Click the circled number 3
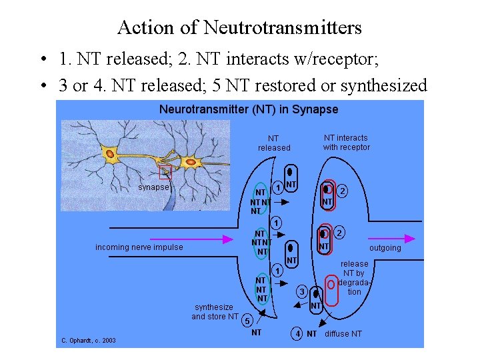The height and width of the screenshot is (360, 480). coord(302,291)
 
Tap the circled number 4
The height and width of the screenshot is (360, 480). coord(297,333)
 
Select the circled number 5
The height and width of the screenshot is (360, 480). coord(246,320)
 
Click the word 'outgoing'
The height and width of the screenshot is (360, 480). coord(385,248)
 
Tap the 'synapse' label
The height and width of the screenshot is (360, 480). coord(153,187)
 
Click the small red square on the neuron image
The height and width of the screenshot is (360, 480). coord(165,173)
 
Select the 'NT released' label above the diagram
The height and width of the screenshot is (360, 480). coord(274,143)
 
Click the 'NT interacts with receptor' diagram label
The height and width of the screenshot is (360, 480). coord(346,142)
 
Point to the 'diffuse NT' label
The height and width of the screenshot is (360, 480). coord(343,333)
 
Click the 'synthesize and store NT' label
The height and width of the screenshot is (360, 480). coord(214,312)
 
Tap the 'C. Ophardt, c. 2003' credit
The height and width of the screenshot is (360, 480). coord(89,341)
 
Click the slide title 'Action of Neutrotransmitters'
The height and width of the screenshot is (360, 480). coord(239,27)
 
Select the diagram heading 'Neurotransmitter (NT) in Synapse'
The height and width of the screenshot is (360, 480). coord(249,109)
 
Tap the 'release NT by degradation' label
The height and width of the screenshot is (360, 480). coord(354,278)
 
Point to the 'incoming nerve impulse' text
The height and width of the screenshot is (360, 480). coord(139,247)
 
